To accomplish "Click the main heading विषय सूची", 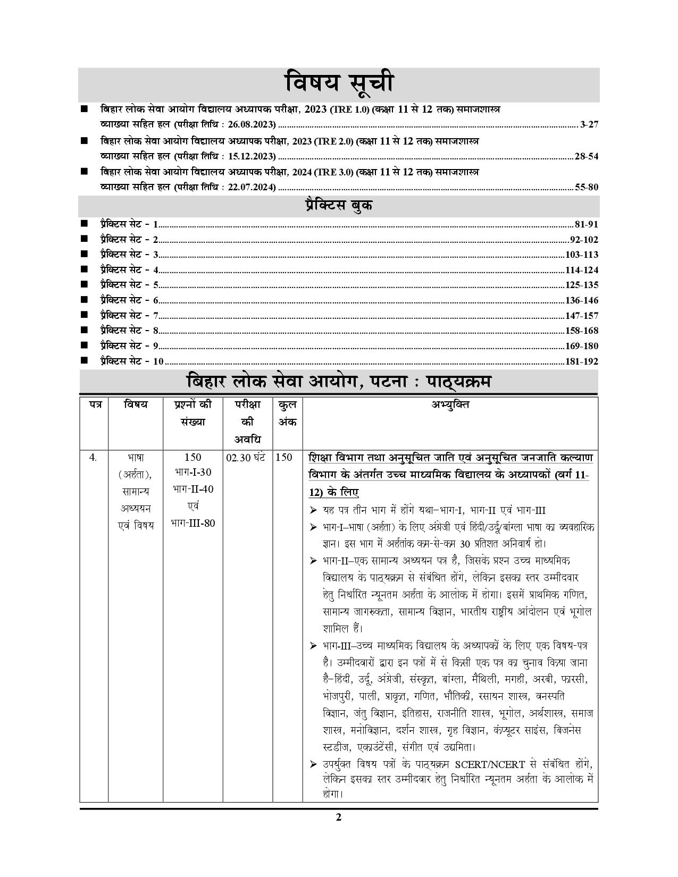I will [x=338, y=84].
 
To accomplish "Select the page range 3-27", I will [x=589, y=125].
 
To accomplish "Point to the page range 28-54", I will [x=587, y=156].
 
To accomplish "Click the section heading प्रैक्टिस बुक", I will [x=338, y=206].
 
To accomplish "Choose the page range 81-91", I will [x=587, y=224].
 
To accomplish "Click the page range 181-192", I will [x=582, y=361].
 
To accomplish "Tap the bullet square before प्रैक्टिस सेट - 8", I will [x=84, y=331].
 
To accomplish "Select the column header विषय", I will [x=135, y=405].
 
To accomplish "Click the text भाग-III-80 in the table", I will [x=193, y=523].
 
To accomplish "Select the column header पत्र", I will [x=94, y=405].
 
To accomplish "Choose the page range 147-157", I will [x=582, y=316].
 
